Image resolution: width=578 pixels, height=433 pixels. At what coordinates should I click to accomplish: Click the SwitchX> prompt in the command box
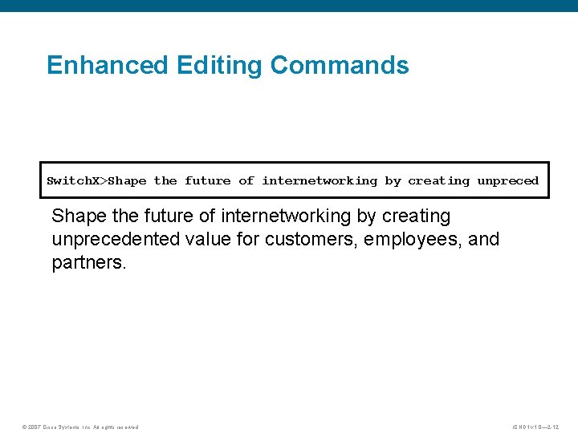click(77, 181)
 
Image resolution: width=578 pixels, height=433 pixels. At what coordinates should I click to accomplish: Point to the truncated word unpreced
click(507, 181)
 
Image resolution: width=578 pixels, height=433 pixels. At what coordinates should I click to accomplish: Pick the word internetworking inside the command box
click(320, 181)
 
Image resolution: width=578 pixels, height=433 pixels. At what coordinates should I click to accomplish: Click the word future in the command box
click(208, 181)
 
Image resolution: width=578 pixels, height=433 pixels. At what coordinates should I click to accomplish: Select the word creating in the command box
click(438, 181)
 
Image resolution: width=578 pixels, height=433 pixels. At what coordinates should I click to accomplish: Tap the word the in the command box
click(165, 181)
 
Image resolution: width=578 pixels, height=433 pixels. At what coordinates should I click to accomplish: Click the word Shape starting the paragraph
click(75, 216)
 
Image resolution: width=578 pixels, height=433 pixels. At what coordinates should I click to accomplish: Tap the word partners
click(87, 263)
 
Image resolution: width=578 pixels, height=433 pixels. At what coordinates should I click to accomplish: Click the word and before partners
click(484, 240)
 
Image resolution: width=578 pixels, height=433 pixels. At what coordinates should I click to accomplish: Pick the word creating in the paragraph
click(416, 216)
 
